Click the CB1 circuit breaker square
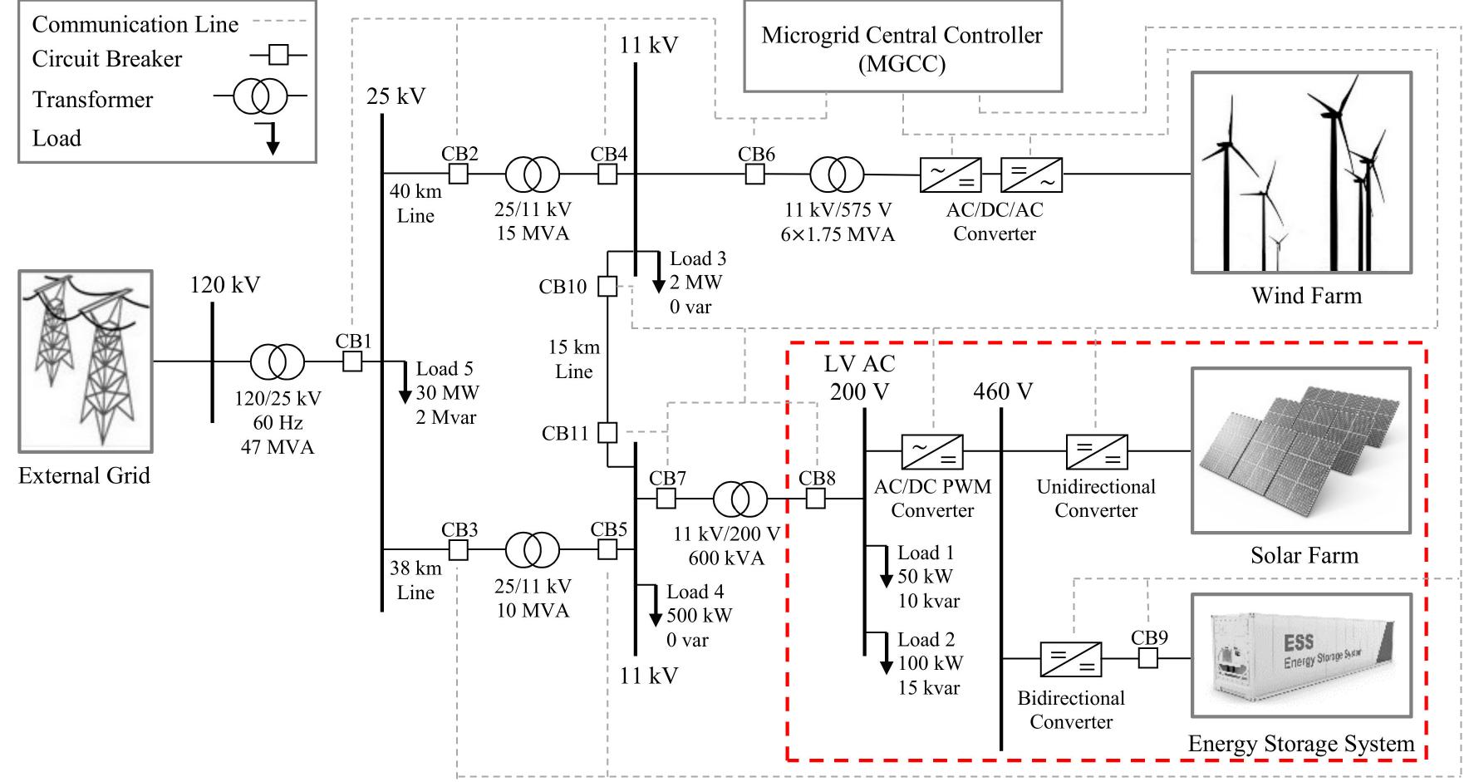pos(353,361)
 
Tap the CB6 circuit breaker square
pos(754,175)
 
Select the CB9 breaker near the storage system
pos(1147,658)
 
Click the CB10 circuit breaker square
pos(608,287)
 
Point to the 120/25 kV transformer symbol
pos(278,362)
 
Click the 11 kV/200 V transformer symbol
pos(740,499)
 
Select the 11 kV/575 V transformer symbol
pos(837,175)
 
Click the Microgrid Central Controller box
pos(902,47)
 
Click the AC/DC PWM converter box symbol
pos(931,451)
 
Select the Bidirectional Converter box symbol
pos(1071,658)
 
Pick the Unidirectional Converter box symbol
pos(1097,451)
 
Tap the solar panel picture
pos(1300,450)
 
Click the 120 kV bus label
pos(224,285)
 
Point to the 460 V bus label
pos(1003,391)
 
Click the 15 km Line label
pos(573,359)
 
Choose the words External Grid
pos(84,475)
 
